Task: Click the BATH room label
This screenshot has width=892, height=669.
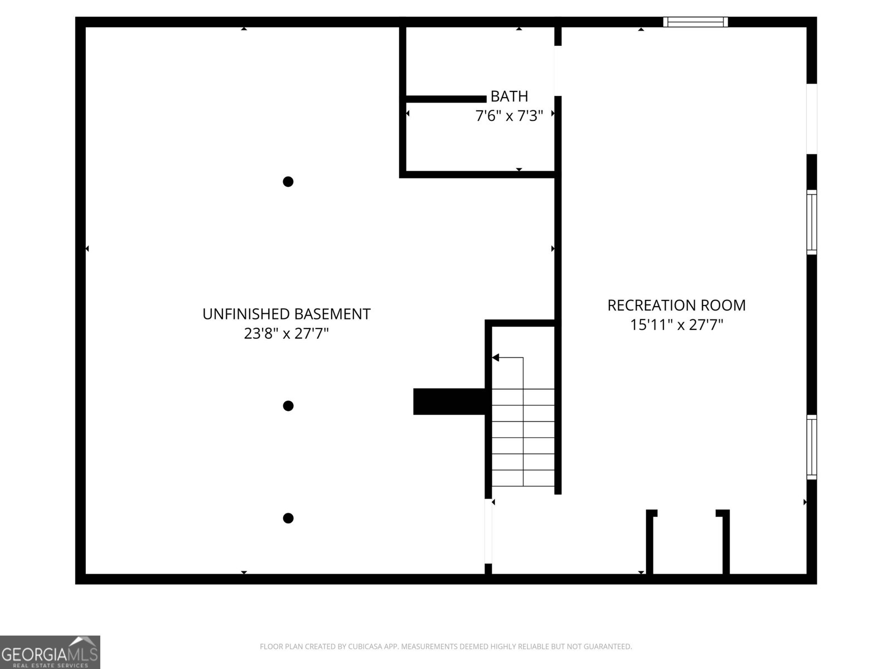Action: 509,96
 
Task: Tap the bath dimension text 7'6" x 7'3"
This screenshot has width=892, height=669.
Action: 509,116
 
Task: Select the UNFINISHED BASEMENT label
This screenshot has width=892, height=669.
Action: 286,314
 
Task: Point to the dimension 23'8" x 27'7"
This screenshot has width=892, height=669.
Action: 286,333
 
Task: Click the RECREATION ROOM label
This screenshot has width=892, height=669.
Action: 676,306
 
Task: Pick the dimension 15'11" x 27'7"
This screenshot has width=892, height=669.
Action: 676,324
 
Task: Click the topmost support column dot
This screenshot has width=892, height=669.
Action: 288,182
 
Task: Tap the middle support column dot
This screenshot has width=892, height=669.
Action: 288,406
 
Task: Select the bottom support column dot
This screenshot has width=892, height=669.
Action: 288,518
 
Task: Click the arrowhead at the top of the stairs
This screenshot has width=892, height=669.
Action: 496,357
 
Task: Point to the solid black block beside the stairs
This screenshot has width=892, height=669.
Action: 449,401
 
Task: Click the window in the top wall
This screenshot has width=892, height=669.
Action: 695,22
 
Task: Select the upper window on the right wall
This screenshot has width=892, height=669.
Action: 812,222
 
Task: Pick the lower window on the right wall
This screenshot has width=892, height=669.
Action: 812,447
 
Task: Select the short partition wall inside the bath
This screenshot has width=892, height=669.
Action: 446,99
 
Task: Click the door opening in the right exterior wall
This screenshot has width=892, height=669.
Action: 812,119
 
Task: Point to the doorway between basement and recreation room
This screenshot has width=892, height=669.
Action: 488,531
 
